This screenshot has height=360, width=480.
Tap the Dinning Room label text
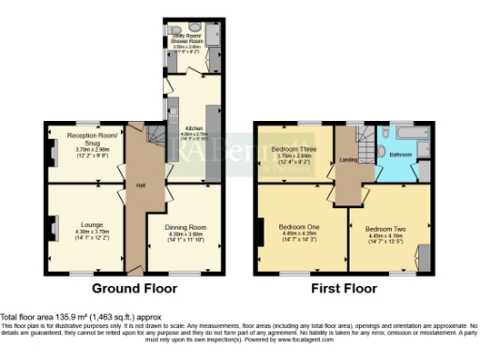[x=186, y=228]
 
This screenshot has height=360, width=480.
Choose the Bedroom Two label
[x=383, y=229]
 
